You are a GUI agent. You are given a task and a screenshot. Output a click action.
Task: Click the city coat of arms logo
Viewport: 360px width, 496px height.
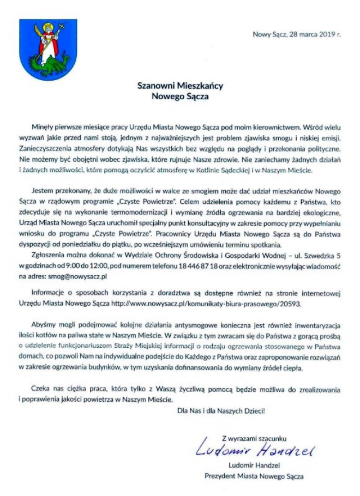[47, 44]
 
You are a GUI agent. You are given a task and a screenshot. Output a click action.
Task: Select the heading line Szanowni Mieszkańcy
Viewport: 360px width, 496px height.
[179, 86]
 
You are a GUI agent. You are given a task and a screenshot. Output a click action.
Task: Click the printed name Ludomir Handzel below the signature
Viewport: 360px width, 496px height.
[254, 466]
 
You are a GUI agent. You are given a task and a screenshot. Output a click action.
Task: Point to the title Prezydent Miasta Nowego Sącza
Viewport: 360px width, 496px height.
[254, 476]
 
